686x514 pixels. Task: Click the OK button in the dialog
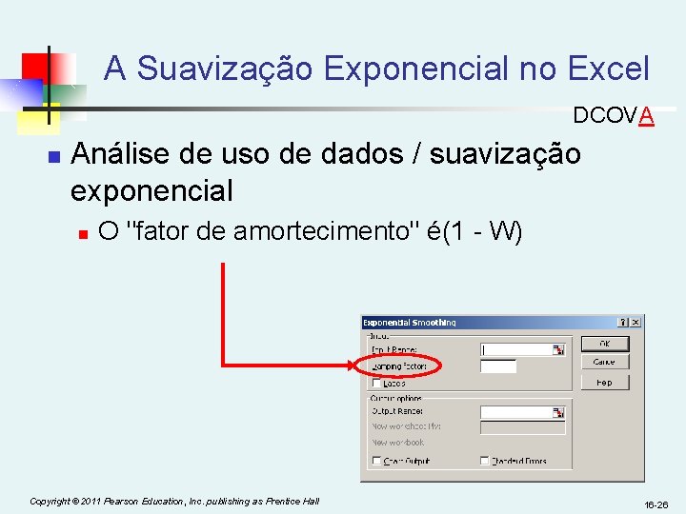(604, 344)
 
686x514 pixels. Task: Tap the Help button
(604, 383)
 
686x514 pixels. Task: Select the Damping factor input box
(498, 366)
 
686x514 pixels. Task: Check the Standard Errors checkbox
(486, 461)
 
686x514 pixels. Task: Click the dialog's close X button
(636, 323)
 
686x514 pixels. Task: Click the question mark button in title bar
(623, 323)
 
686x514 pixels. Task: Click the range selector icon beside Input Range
(559, 349)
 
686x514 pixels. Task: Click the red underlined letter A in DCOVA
(647, 116)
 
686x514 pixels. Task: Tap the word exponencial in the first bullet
(151, 190)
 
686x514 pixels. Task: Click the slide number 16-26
(656, 504)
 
